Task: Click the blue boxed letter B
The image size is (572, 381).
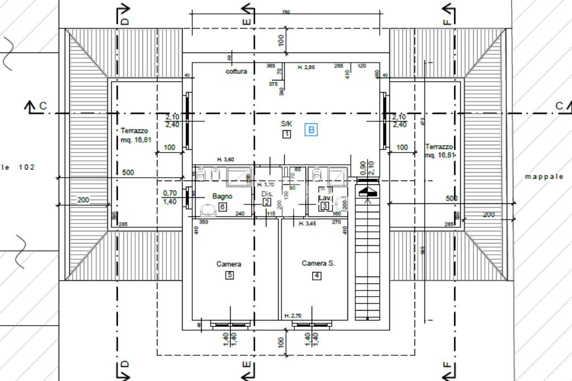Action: click(x=311, y=130)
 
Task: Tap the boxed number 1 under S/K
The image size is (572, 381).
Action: click(x=287, y=134)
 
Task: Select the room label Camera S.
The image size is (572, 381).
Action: click(x=318, y=263)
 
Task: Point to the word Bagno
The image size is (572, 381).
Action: click(x=222, y=197)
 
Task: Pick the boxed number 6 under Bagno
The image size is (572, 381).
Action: click(x=222, y=207)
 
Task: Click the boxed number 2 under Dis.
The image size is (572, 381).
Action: click(x=267, y=202)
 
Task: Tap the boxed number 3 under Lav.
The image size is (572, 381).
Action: click(x=325, y=206)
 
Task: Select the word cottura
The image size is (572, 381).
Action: click(x=236, y=72)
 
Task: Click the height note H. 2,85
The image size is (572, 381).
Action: click(x=306, y=67)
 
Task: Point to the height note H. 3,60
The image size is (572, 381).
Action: click(x=225, y=160)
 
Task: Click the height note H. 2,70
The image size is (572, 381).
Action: click(x=293, y=316)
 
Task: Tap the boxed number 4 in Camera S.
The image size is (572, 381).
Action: click(x=317, y=275)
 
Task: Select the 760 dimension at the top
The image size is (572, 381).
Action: click(x=286, y=12)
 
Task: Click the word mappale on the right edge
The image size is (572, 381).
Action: click(x=544, y=177)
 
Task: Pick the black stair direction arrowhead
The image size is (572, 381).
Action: click(x=368, y=192)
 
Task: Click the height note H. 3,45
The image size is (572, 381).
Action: click(x=307, y=223)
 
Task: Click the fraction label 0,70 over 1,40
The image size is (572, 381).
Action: click(x=169, y=197)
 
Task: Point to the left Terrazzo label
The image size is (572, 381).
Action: click(x=135, y=131)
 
